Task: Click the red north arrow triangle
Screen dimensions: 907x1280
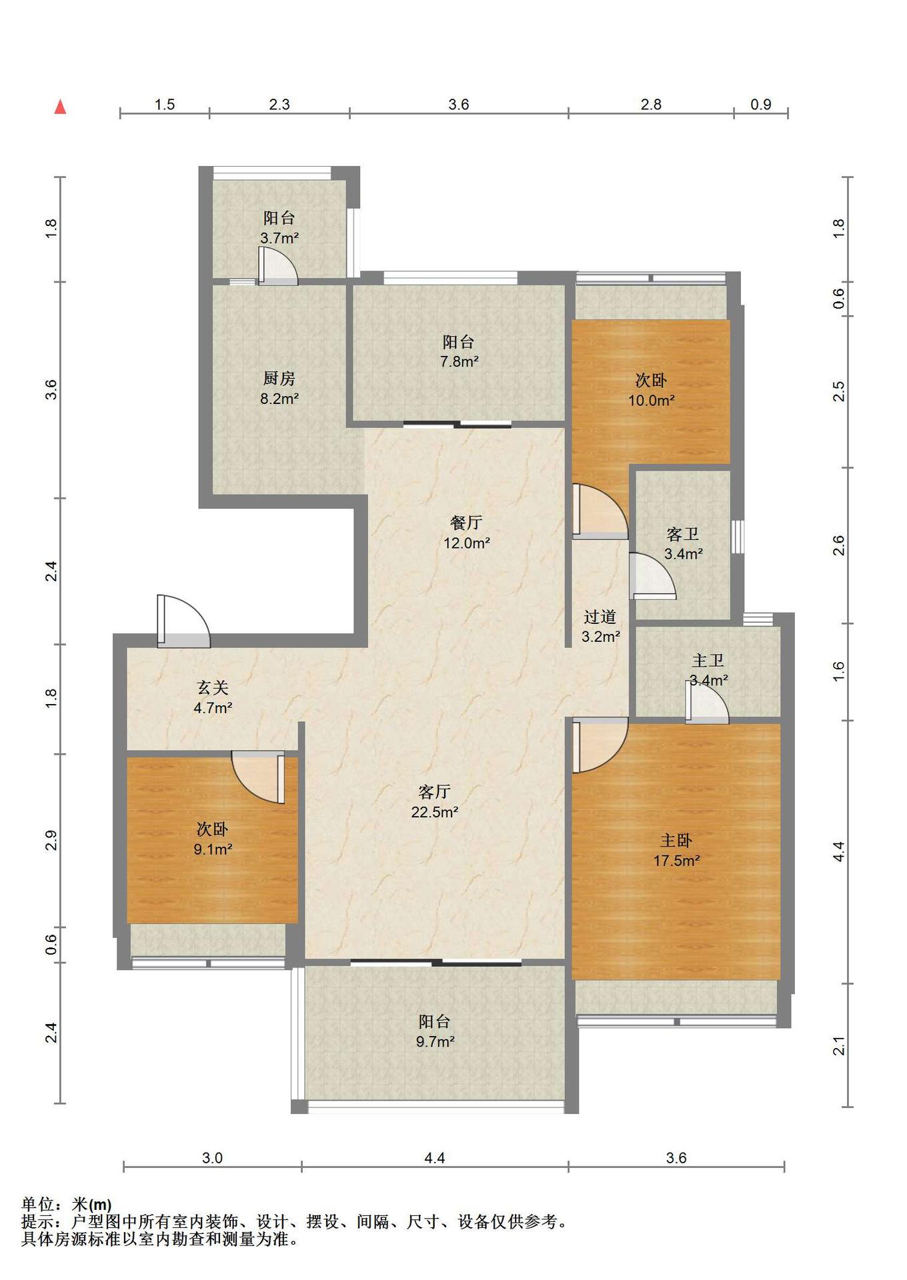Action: [x=60, y=107]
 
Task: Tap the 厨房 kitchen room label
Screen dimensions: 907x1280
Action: [x=279, y=379]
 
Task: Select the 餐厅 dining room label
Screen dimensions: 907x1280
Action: [x=466, y=523]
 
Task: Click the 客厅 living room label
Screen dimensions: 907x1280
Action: [x=434, y=792]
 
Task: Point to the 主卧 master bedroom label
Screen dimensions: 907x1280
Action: [x=676, y=841]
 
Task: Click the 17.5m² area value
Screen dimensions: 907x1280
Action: [x=676, y=861]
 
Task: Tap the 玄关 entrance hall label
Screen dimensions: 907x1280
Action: [x=213, y=687]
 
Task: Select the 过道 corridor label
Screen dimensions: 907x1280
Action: [x=600, y=617]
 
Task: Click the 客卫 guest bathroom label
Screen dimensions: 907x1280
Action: [x=683, y=534]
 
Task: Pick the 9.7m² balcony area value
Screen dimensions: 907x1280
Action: [x=435, y=1041]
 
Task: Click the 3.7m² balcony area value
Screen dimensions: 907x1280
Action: [x=279, y=237]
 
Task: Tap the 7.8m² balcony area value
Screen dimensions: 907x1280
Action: [x=459, y=361]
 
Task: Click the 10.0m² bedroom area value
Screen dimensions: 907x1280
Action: [x=651, y=401]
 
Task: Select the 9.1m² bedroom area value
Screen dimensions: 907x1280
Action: [x=213, y=849]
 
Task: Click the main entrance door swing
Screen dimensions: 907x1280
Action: [x=183, y=621]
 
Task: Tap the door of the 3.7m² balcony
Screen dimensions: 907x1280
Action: [x=277, y=266]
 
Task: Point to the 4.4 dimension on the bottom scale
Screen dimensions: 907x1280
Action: [x=434, y=1158]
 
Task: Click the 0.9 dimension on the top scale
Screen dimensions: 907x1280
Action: [x=761, y=104]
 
